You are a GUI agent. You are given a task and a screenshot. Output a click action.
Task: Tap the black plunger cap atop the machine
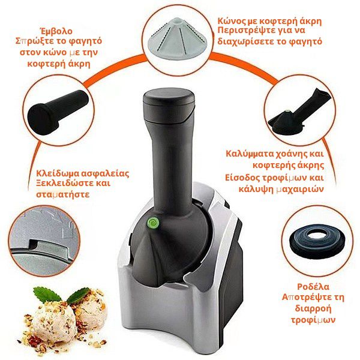click(168, 105)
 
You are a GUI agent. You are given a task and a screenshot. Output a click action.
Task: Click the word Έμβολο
click(56, 31)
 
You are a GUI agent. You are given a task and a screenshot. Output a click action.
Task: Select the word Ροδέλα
click(313, 287)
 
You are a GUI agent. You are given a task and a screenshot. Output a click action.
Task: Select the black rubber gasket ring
click(317, 241)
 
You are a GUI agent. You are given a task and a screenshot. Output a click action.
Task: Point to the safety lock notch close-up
click(45, 241)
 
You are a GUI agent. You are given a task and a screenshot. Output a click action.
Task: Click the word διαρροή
click(313, 308)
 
